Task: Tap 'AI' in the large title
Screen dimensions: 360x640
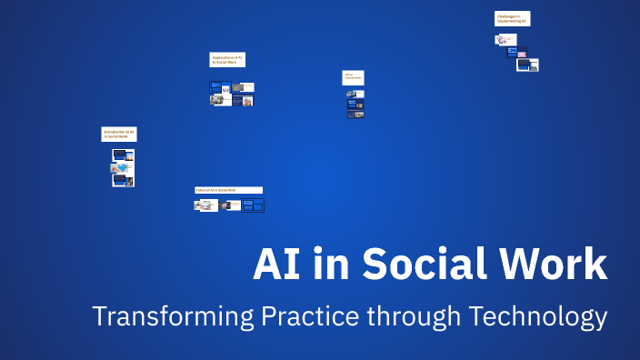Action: click(276, 264)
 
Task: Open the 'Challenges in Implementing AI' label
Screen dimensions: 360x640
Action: click(513, 18)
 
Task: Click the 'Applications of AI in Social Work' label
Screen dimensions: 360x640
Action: click(227, 60)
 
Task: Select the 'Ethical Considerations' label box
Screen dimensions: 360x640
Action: click(354, 78)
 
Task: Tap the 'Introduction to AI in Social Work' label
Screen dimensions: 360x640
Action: click(119, 134)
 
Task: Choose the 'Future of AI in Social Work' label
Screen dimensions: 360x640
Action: click(229, 190)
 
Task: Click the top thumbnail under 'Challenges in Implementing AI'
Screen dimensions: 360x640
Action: click(505, 39)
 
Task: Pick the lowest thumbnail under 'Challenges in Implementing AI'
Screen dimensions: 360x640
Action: click(527, 65)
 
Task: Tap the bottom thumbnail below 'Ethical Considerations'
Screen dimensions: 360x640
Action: click(355, 115)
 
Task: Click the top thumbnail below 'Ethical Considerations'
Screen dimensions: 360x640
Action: click(355, 94)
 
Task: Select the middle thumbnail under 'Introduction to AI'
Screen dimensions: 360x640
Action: click(123, 167)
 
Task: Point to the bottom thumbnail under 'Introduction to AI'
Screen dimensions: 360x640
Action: click(123, 180)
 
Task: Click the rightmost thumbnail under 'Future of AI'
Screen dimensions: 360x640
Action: click(253, 205)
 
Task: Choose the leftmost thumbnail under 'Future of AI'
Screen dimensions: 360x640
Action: click(205, 205)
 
